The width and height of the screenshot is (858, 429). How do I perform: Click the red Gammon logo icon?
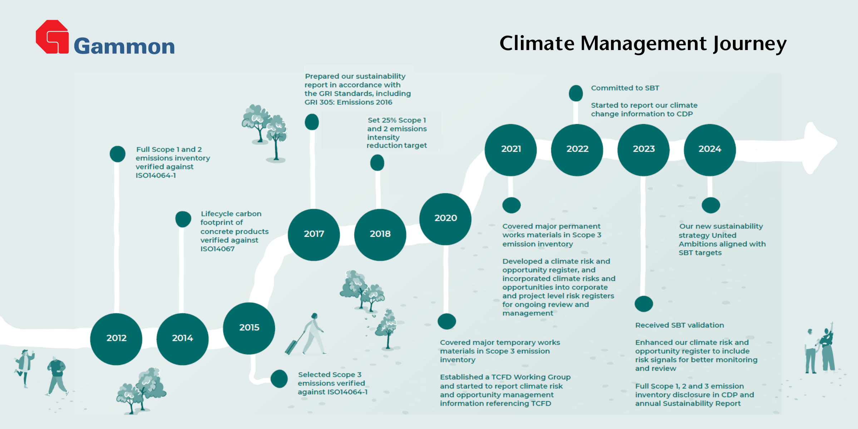pos(52,37)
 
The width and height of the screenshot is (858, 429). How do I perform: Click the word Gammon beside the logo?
pos(124,46)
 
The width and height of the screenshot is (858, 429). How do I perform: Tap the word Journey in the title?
pos(750,44)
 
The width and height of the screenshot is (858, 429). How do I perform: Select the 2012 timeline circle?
pos(116,339)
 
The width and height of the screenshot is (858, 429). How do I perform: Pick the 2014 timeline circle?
pos(182,339)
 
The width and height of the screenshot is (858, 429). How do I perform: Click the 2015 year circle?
pos(249,328)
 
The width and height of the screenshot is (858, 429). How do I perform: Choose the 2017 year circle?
pos(314,235)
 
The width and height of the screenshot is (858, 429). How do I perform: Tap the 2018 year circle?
pos(380,235)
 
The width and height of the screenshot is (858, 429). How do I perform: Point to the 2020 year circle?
pos(445,219)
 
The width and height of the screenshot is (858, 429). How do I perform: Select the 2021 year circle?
pos(511,150)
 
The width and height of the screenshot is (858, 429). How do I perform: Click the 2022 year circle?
pos(577,150)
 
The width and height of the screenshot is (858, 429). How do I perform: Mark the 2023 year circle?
pos(643,150)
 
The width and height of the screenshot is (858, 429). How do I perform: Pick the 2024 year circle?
pos(710,150)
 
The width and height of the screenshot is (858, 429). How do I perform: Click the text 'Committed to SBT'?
pos(625,88)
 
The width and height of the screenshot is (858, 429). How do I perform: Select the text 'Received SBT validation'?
pos(680,325)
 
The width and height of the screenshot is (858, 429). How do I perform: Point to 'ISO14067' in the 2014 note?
pos(217,249)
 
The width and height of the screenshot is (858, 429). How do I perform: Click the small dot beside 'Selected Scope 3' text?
pos(279,379)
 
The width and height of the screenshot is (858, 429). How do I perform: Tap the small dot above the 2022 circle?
pos(576,93)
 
